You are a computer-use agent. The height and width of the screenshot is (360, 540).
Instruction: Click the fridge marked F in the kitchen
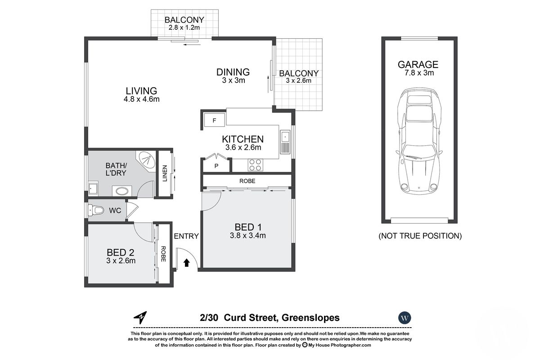214,121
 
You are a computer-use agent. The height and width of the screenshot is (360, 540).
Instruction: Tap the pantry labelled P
216,166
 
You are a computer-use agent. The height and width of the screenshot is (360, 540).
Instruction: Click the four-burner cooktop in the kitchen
255,165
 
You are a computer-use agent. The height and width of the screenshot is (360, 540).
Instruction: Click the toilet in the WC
96,210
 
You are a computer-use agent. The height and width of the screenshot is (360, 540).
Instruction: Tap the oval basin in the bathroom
121,191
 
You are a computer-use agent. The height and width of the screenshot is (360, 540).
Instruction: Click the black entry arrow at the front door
187,262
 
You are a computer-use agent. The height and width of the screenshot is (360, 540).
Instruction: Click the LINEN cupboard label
164,174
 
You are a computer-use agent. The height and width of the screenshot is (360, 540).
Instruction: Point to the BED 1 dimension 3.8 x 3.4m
247,235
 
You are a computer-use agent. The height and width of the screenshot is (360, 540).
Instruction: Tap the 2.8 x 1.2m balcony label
184,28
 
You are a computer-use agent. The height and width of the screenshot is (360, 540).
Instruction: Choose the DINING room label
233,72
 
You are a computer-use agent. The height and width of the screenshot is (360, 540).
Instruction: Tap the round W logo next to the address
405,318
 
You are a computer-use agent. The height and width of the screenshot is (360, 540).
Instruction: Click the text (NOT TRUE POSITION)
419,235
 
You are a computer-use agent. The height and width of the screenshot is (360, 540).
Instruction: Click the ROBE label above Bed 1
247,181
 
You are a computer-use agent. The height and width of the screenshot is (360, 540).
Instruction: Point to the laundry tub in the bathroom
94,189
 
